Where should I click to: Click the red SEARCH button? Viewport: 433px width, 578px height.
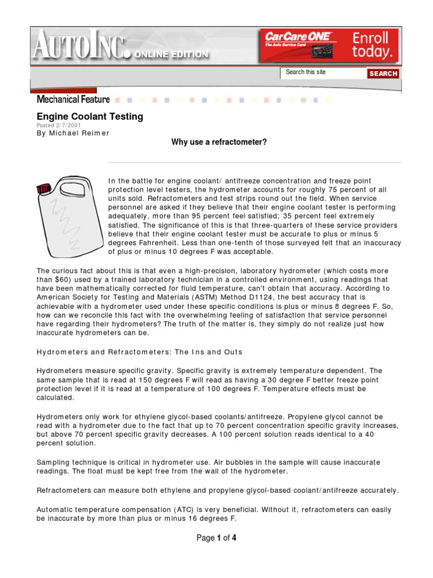click(383, 73)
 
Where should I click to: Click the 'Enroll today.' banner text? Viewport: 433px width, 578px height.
click(370, 45)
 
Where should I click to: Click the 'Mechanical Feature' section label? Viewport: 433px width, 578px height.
click(73, 99)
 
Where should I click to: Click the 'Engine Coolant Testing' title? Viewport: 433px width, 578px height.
click(90, 117)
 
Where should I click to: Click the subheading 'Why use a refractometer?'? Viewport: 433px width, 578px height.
click(219, 142)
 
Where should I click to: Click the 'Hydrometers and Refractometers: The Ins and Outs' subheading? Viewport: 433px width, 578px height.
click(139, 352)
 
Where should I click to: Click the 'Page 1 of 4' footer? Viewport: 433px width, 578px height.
click(216, 538)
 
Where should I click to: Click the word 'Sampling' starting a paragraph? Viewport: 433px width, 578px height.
click(53, 462)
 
